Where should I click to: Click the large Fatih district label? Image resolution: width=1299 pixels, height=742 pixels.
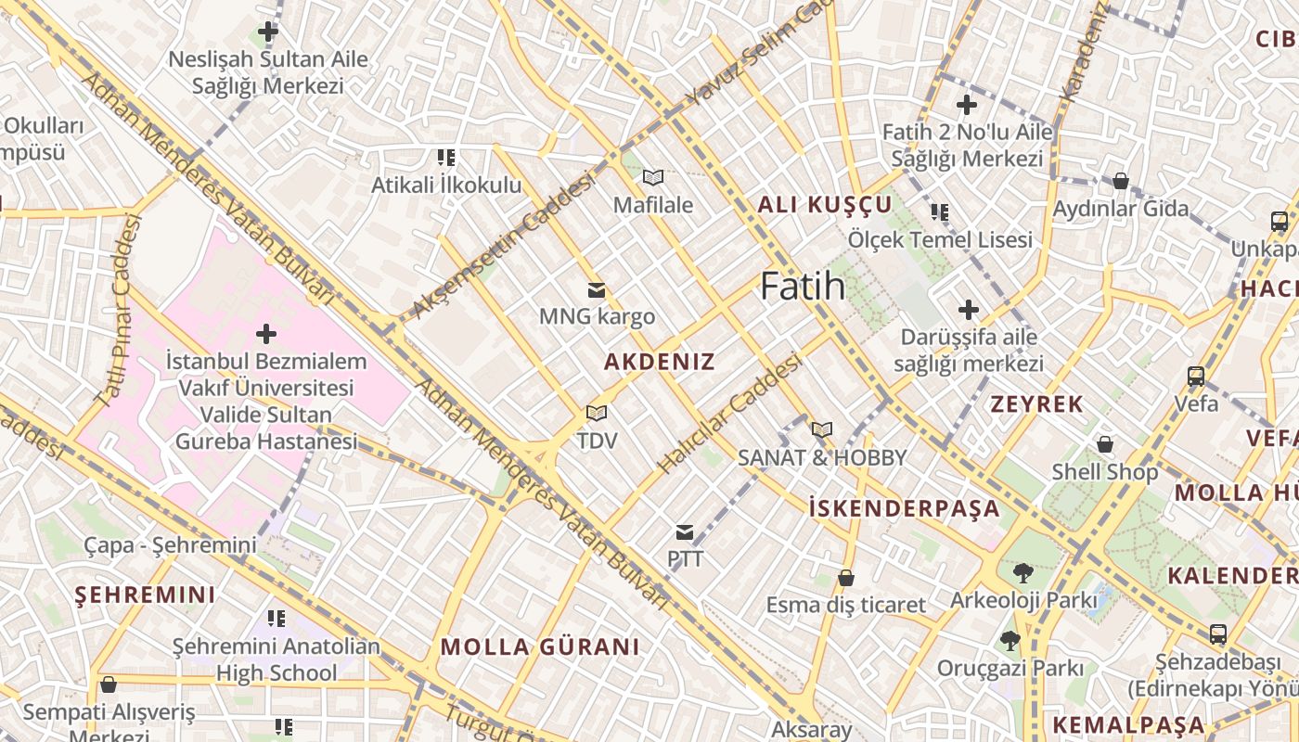point(803,287)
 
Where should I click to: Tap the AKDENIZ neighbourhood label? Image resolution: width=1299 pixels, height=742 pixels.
point(660,362)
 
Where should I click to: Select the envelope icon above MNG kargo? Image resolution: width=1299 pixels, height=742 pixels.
point(597,290)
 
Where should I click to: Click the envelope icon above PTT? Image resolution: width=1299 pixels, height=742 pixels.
point(685,532)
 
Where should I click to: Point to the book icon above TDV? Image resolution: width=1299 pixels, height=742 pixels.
point(597,413)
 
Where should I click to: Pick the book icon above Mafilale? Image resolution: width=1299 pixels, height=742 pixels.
point(653,177)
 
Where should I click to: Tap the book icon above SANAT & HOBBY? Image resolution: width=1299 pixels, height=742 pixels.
point(821,429)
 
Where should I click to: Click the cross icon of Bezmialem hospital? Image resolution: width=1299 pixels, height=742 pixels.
point(266,333)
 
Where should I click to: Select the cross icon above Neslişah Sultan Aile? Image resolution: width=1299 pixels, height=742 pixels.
point(268,32)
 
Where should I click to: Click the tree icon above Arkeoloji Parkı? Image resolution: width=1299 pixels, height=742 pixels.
point(1023,572)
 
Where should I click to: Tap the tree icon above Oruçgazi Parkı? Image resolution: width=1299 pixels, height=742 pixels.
point(1010,640)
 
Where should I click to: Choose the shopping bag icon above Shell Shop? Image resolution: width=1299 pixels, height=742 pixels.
point(1104,444)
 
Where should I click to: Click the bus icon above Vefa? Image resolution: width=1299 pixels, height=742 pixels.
point(1196,377)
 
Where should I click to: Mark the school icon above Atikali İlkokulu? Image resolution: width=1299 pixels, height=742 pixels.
point(446,158)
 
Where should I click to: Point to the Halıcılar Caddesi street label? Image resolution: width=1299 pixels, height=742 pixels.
point(729,415)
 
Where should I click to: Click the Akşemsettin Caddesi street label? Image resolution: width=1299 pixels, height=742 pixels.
point(503,246)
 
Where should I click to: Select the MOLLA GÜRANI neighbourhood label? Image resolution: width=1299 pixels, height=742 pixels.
point(540,646)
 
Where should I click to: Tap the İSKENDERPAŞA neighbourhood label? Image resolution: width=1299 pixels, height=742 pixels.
point(905,508)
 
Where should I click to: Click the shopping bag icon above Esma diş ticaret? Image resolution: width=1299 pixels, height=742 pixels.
point(845,578)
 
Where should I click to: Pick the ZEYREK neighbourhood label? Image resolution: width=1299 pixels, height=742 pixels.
point(1036,403)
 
